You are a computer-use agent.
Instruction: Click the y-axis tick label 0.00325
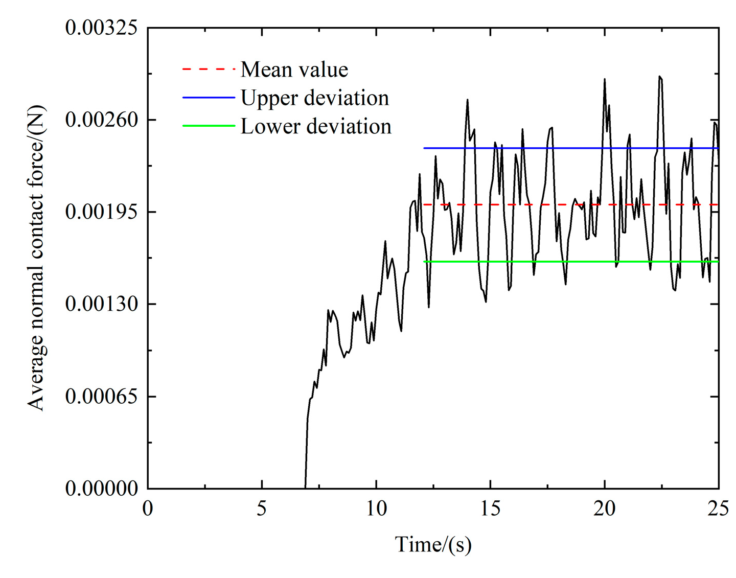click(102, 28)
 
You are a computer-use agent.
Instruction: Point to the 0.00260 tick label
click(102, 120)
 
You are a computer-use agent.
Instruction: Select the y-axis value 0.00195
click(102, 212)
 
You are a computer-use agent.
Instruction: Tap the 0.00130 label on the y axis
click(102, 304)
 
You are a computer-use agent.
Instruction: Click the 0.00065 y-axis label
click(102, 396)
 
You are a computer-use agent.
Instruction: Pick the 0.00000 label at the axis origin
click(102, 489)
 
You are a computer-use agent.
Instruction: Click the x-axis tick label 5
click(262, 509)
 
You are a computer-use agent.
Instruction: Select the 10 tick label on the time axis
click(376, 509)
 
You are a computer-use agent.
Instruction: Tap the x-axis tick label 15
click(490, 509)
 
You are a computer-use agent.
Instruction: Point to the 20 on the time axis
click(605, 509)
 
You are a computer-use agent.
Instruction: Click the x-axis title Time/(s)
click(433, 545)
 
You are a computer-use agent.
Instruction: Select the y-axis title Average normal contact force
click(36, 258)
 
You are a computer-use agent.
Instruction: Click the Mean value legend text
click(294, 70)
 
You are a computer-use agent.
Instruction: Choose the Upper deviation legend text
click(315, 98)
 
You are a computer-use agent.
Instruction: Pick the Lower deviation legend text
click(316, 127)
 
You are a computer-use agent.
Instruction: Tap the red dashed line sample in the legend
click(209, 69)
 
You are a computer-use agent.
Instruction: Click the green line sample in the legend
click(209, 126)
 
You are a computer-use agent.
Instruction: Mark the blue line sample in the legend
click(209, 97)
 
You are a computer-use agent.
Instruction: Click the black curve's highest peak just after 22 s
click(660, 77)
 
